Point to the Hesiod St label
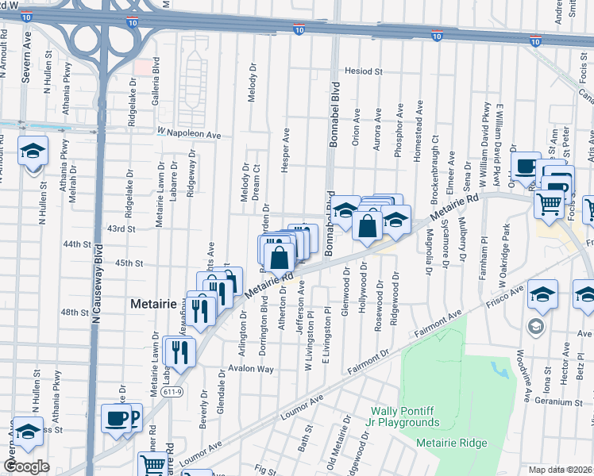coord(364,71)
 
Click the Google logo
coord(25,466)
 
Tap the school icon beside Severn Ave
coord(33,150)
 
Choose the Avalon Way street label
coord(251,370)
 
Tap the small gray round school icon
coord(536,326)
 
